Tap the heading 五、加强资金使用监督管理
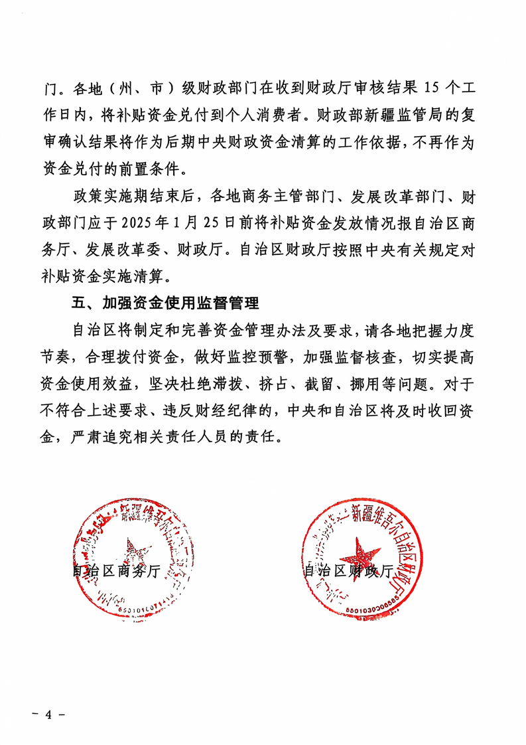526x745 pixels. click(164, 304)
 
